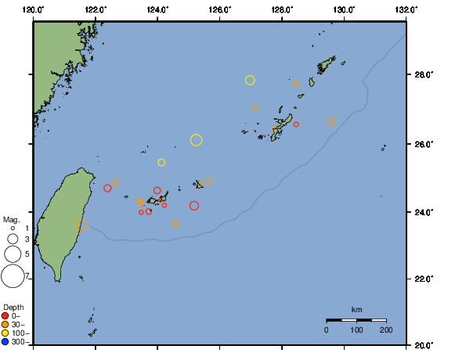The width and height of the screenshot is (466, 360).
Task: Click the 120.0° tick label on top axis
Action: pos(34,9)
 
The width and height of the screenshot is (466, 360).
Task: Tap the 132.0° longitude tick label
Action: pos(406,9)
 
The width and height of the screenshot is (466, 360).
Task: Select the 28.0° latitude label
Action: pos(424,76)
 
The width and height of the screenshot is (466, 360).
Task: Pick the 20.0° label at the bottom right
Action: pos(424,345)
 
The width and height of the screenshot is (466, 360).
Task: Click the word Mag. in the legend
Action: pos(11,220)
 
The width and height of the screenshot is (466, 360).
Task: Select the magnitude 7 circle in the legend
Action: pos(13,276)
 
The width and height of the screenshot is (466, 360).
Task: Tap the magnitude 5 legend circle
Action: pos(13,254)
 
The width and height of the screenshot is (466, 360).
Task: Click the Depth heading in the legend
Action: pos(13,307)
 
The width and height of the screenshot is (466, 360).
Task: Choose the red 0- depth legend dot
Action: pos(5,316)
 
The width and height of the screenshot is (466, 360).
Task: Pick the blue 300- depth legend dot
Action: pos(5,342)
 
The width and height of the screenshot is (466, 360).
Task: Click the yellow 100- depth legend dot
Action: pos(5,333)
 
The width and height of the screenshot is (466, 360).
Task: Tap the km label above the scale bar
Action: pos(356,309)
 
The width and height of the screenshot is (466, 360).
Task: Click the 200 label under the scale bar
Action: pos(385,331)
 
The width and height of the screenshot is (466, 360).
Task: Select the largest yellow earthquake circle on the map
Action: pos(196,140)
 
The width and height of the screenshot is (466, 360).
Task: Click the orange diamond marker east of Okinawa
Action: pos(332,122)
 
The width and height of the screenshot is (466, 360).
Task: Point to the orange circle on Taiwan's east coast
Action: pos(82,225)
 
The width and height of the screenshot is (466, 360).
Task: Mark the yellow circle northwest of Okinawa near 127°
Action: pos(250,80)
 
